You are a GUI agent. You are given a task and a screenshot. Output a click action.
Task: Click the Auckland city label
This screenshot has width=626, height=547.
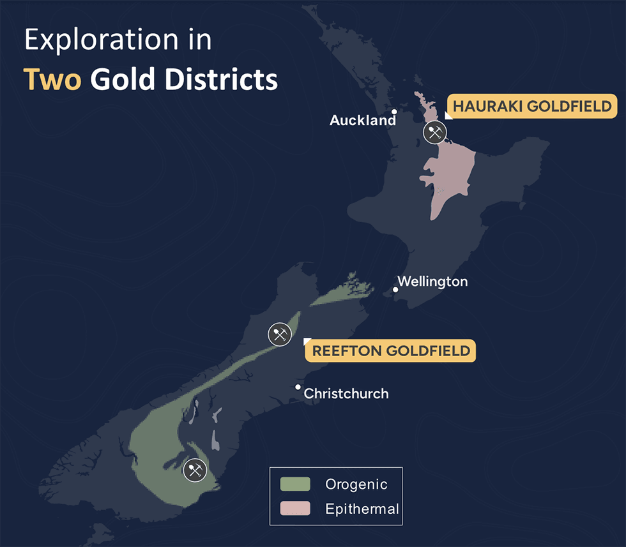362,121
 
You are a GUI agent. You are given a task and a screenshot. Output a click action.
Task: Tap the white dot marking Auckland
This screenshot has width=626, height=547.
394,112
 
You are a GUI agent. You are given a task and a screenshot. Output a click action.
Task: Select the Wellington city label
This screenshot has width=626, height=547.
432,281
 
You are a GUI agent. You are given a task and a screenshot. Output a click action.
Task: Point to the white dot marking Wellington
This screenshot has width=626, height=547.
395,290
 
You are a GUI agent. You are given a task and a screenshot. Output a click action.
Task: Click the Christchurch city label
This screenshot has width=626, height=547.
346,394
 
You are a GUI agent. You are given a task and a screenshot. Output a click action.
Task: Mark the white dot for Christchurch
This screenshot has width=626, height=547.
298,387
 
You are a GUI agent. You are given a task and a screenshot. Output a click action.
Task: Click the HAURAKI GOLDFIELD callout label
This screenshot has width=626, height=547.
532,107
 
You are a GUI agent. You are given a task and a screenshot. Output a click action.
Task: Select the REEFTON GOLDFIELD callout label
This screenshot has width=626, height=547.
391,350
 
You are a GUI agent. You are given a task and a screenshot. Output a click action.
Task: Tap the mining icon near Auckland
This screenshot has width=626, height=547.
435,133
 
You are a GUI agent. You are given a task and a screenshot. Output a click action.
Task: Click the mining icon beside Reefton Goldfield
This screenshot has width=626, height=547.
280,334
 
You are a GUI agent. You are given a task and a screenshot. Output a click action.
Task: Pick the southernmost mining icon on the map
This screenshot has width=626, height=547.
195,470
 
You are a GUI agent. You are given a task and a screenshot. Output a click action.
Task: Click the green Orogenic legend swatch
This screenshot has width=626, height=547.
295,484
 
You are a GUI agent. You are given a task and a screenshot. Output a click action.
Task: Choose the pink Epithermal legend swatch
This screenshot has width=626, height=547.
295,508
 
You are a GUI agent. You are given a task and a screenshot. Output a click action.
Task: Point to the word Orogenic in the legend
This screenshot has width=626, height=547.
356,484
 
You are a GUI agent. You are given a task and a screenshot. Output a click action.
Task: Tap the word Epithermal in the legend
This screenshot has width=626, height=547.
362,509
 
